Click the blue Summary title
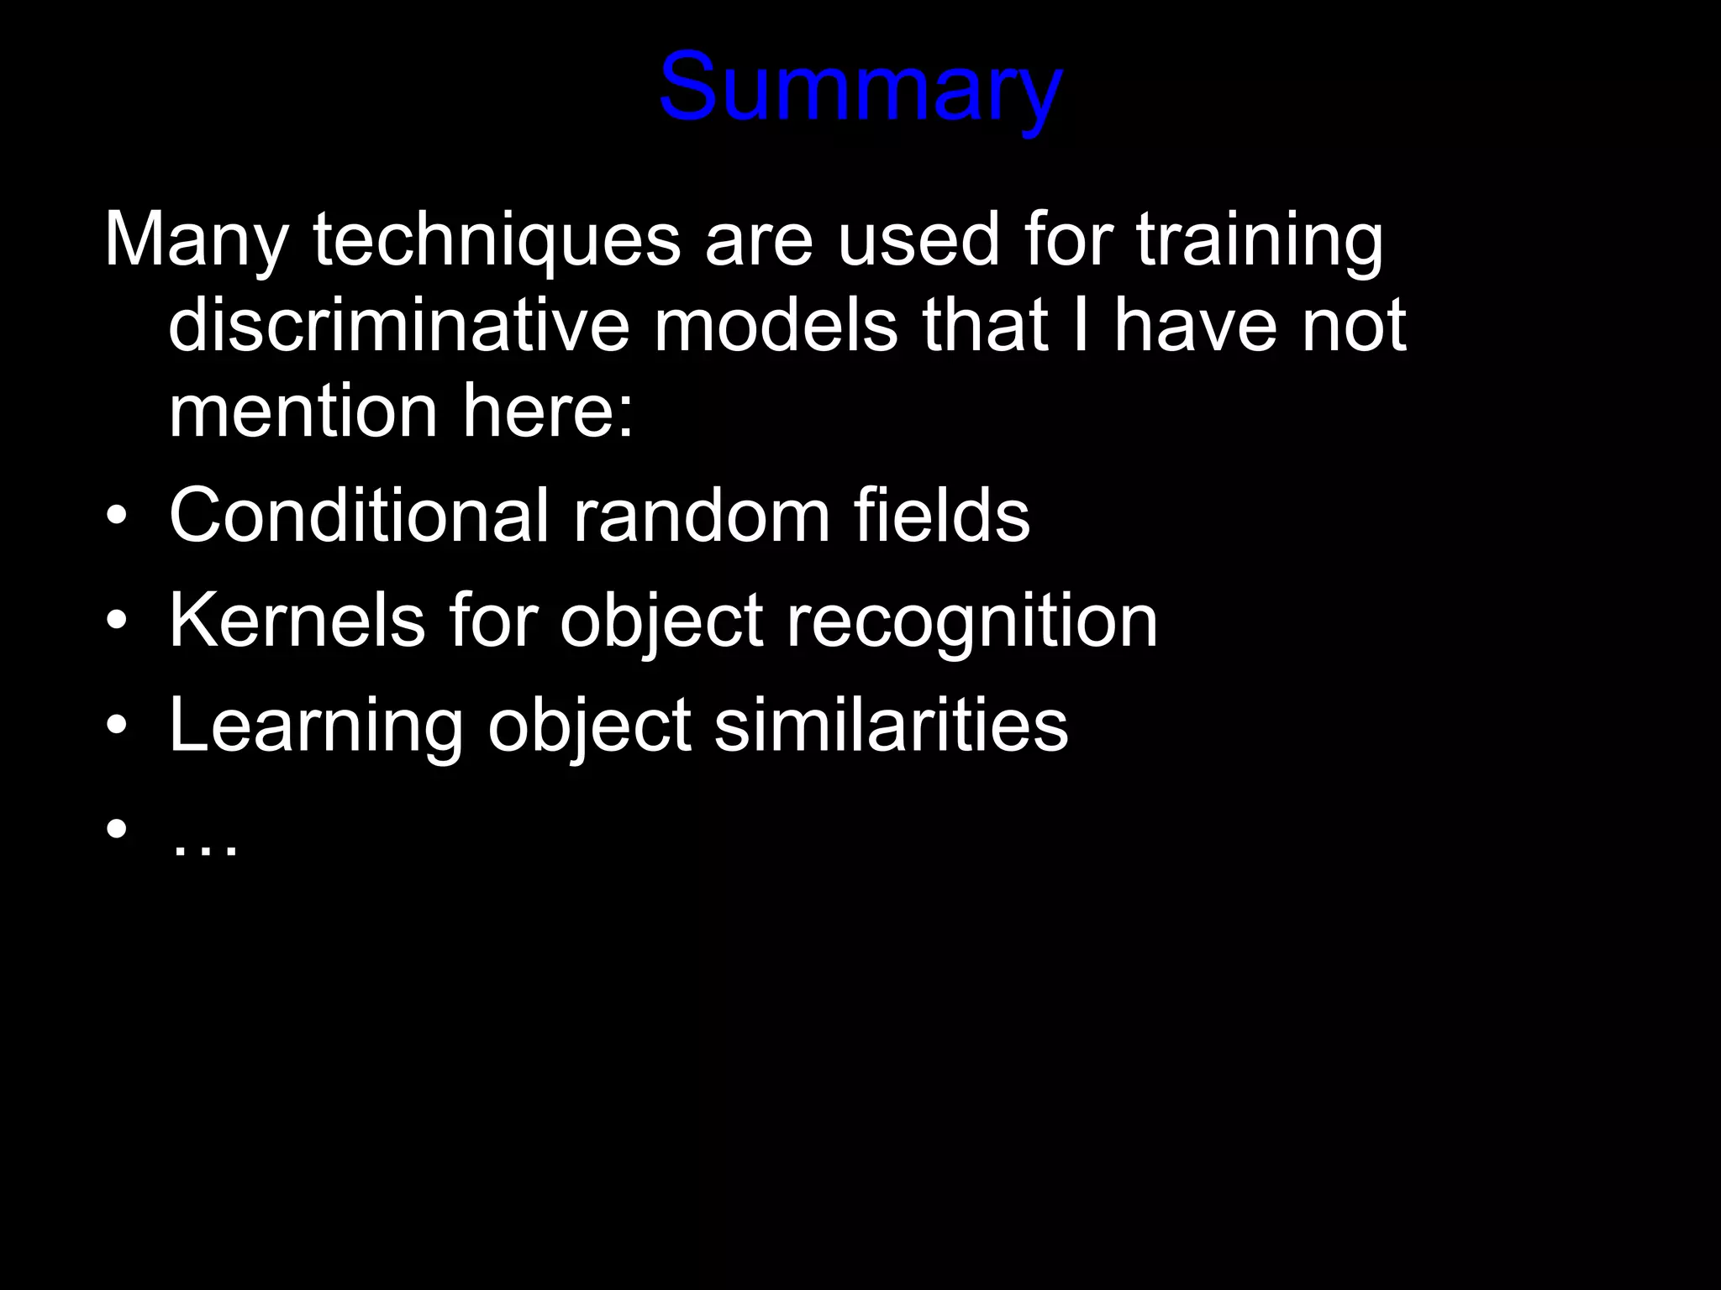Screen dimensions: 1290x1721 point(860,89)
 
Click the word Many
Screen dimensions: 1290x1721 point(196,242)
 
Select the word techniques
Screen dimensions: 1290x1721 point(496,242)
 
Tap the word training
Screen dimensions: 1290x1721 point(1260,242)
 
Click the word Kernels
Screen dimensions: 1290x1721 point(297,621)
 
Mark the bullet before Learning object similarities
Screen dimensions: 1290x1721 point(117,725)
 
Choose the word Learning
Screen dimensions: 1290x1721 point(315,726)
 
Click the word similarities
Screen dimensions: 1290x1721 point(891,725)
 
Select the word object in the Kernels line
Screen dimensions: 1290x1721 point(661,622)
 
